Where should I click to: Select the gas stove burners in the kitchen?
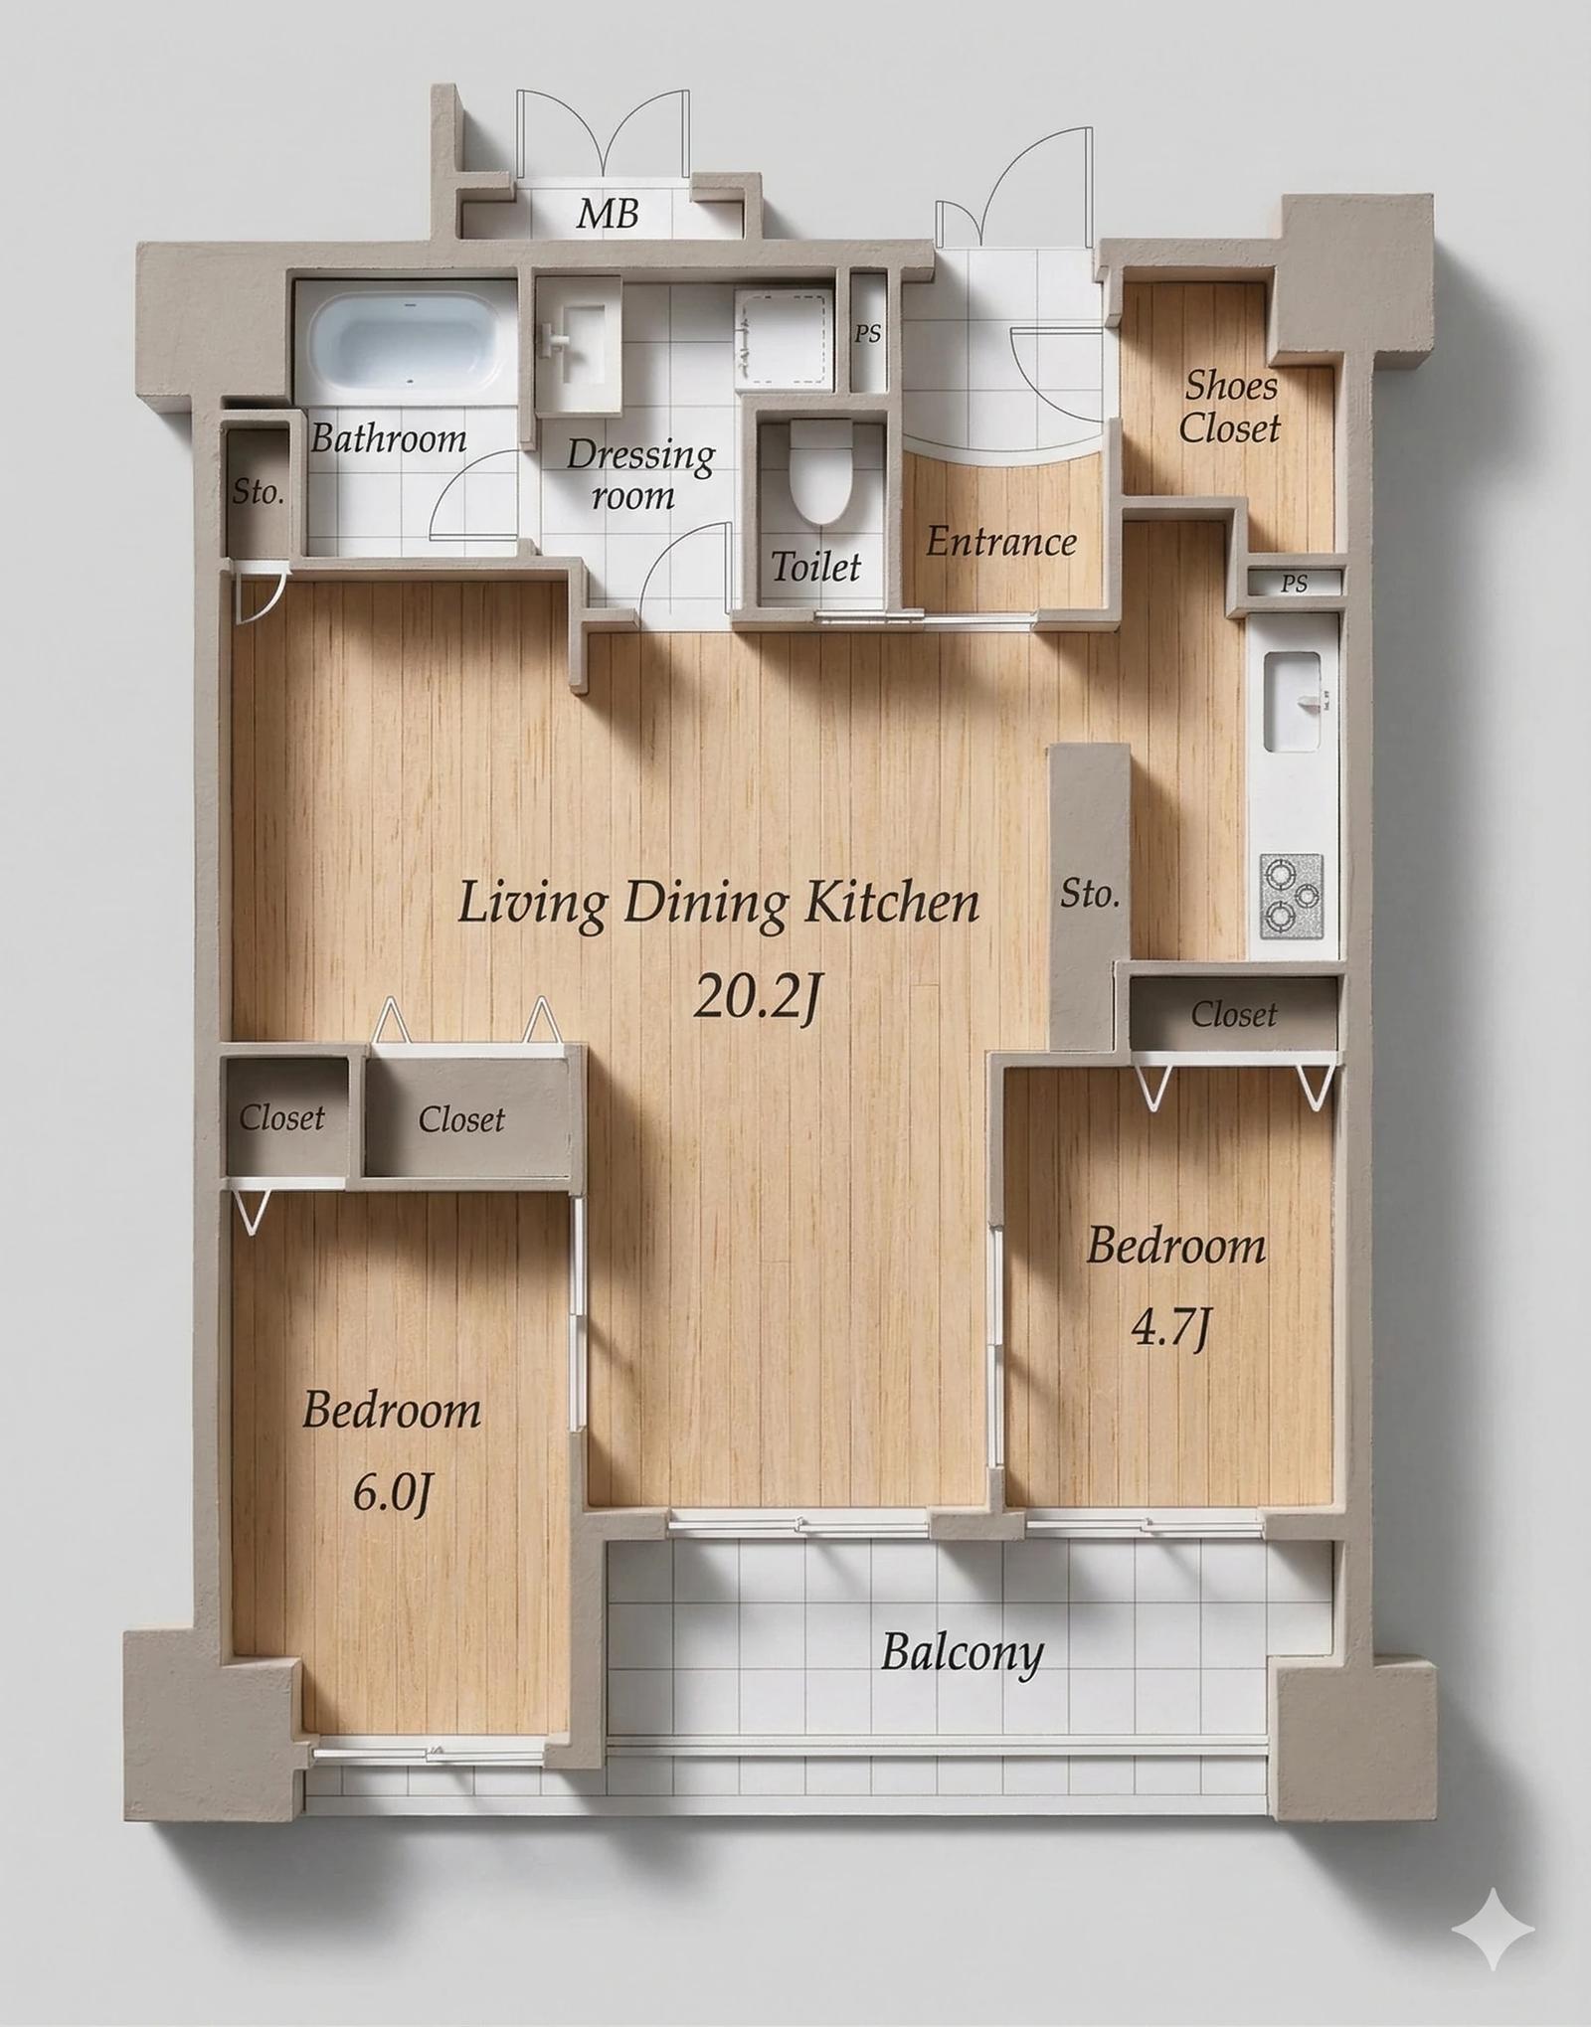click(x=1292, y=896)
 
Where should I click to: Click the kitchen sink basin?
click(x=1293, y=702)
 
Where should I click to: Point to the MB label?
click(x=608, y=213)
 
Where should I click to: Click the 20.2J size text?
click(x=756, y=996)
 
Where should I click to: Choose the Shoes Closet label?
click(x=1230, y=407)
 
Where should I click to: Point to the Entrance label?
click(x=1001, y=542)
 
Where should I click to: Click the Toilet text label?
click(x=816, y=567)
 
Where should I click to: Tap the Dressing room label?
click(x=640, y=474)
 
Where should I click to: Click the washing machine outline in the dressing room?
click(x=784, y=338)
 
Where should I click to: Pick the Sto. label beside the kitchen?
click(x=1090, y=894)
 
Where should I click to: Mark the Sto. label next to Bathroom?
click(x=258, y=491)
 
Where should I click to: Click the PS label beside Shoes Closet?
click(x=1295, y=584)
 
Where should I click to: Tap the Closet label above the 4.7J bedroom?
click(x=1234, y=1014)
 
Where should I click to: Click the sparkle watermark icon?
click(x=1494, y=1930)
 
